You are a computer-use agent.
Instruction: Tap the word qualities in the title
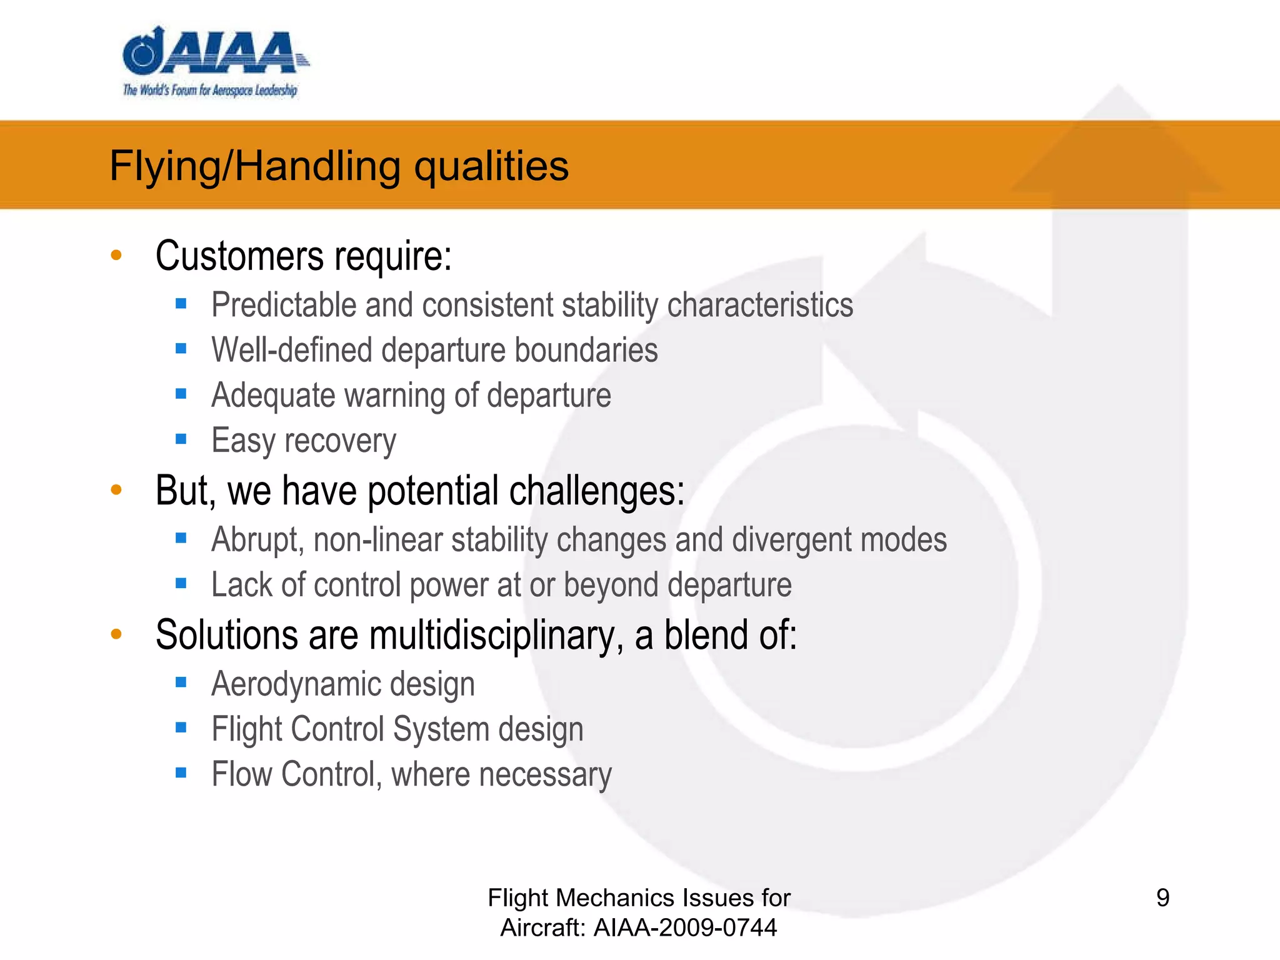pyautogui.click(x=491, y=167)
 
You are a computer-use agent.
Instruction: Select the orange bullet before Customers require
pyautogui.click(x=116, y=255)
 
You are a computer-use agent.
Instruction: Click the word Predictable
pyautogui.click(x=283, y=306)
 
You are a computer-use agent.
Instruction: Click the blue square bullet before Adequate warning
pyautogui.click(x=181, y=394)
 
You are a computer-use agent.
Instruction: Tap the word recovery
pyautogui.click(x=340, y=441)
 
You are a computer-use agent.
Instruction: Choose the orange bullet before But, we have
pyautogui.click(x=116, y=489)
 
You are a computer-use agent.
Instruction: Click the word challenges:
pyautogui.click(x=597, y=491)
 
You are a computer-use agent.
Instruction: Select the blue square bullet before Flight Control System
pyautogui.click(x=181, y=727)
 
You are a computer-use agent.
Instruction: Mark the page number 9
pyautogui.click(x=1162, y=898)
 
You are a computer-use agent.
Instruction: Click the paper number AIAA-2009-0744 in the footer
pyautogui.click(x=685, y=927)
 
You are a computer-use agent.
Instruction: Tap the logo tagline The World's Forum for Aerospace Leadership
pyautogui.click(x=210, y=91)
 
